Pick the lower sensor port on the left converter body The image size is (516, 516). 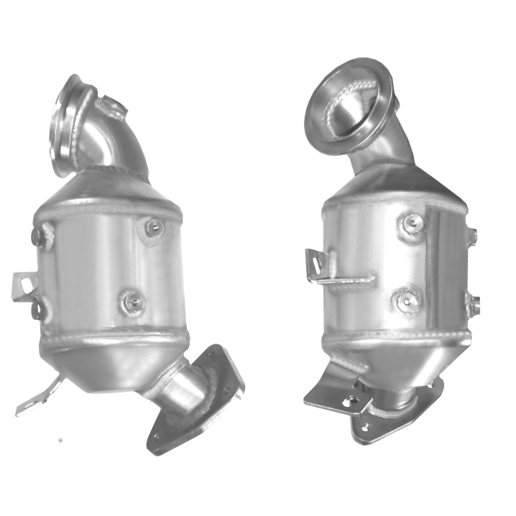[132, 302]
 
